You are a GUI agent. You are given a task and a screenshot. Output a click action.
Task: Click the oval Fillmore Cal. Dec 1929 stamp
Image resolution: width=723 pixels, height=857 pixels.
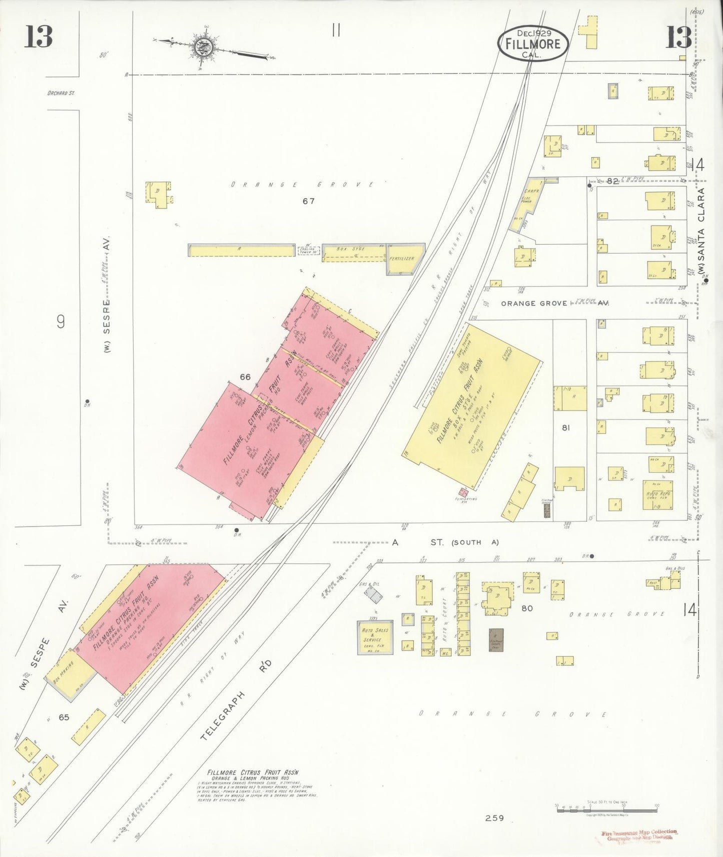click(x=532, y=43)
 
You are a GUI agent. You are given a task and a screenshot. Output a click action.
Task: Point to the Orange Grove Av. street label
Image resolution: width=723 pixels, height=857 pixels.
click(x=554, y=303)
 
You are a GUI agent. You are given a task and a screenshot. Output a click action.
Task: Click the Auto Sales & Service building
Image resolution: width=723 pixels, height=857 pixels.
click(x=375, y=637)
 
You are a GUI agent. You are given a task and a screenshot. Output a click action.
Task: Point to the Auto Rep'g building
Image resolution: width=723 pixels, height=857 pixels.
click(x=657, y=495)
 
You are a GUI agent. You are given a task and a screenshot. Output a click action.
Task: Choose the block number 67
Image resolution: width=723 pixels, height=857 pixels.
click(x=308, y=201)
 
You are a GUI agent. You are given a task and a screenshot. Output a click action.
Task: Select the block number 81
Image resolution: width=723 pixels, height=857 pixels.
click(x=566, y=427)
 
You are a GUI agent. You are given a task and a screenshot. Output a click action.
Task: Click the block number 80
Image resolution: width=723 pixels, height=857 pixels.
click(x=527, y=608)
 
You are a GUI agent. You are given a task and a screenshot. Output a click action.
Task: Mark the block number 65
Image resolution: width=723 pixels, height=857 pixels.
click(x=64, y=717)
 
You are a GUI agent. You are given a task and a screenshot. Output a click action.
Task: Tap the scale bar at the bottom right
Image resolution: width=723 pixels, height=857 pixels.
click(x=606, y=809)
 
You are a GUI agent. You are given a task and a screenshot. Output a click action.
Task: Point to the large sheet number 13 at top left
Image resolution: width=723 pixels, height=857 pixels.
click(x=39, y=36)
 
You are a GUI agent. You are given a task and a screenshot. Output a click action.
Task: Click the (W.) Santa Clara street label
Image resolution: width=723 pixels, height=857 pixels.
click(x=701, y=231)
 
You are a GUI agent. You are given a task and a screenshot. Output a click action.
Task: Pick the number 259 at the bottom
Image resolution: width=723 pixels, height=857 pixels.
click(x=494, y=818)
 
